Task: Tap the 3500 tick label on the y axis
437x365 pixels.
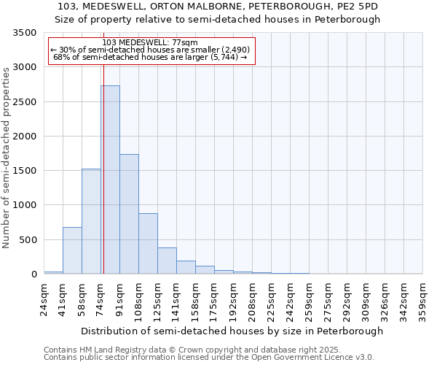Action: (25, 33)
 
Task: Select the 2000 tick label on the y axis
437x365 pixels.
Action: (25, 137)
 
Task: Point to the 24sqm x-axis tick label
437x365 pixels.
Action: (44, 299)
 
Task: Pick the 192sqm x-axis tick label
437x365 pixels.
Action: (234, 299)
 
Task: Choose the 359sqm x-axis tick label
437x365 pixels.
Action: (422, 299)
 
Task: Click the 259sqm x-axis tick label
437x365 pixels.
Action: (309, 299)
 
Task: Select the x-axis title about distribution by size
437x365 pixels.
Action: (232, 331)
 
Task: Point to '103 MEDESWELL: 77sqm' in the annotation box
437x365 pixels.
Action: (150, 42)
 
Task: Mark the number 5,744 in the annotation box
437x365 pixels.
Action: (225, 57)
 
